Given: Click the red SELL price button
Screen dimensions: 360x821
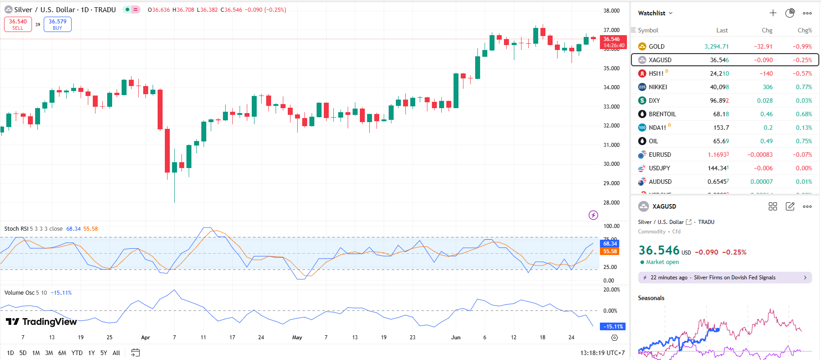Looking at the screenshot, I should (x=18, y=24).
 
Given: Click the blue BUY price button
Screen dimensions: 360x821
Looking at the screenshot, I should (x=58, y=24).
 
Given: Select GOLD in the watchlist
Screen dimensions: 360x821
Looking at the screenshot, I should (x=656, y=46).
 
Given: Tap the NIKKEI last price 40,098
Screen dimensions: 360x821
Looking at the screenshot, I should (x=719, y=87).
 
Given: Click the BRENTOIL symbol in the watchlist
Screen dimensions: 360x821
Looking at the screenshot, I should (x=662, y=114).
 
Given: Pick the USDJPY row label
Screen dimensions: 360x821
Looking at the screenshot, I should (x=659, y=168).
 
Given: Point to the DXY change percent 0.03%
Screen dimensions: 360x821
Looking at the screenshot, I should (x=803, y=100).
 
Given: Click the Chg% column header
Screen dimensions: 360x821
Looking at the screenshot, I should (x=804, y=30).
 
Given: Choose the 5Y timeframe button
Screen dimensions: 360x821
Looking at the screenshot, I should (x=104, y=353).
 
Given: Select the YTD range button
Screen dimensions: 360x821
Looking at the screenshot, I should (x=77, y=353).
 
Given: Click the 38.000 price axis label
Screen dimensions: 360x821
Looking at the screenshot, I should (x=612, y=11).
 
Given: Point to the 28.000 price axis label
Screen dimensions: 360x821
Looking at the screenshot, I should (x=612, y=203).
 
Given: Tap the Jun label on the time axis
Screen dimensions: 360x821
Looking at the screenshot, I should (x=456, y=337).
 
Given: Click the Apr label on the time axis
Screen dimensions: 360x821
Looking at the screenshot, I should (x=145, y=337).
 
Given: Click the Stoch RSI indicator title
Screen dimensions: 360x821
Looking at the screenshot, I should (x=16, y=229).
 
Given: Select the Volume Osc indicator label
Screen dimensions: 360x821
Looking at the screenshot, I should (x=19, y=293).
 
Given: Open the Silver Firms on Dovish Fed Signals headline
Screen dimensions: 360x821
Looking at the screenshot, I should (x=734, y=278).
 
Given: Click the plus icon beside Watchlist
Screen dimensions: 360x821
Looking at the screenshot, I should (x=773, y=13).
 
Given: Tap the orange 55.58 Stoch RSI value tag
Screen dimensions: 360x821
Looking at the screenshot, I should (x=610, y=251).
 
